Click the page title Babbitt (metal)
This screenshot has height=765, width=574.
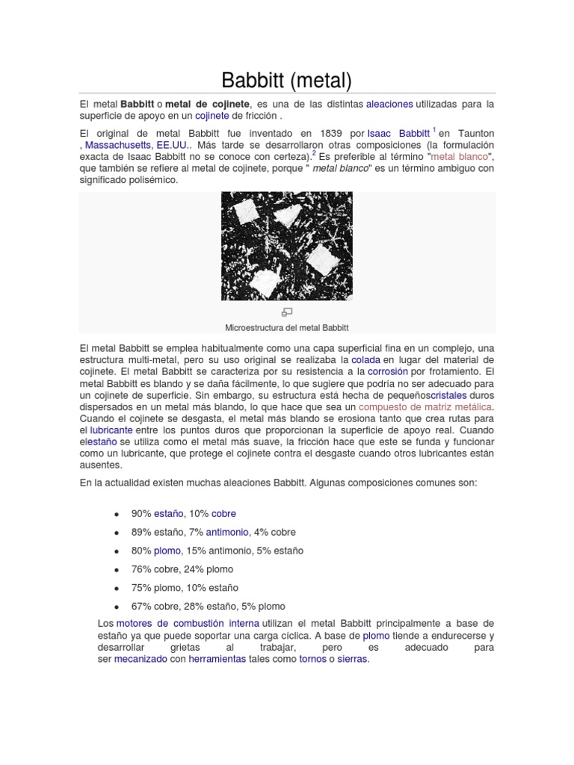287,78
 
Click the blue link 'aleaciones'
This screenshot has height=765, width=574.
389,104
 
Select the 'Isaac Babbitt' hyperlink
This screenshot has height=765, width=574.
398,132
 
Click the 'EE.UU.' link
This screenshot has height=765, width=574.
173,144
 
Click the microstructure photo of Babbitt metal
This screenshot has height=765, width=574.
287,246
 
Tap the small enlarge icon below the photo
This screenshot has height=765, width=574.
287,312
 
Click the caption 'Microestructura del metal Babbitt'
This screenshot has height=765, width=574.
287,327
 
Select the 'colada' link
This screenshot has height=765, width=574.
366,359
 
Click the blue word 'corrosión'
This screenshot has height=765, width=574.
387,371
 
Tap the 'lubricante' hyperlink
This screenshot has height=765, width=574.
111,431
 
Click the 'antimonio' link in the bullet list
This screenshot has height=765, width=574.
228,532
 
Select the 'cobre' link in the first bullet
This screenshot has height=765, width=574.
223,513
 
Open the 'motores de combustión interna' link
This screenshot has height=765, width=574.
188,623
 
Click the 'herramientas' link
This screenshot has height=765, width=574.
217,660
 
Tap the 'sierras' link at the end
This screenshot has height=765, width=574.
353,660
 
